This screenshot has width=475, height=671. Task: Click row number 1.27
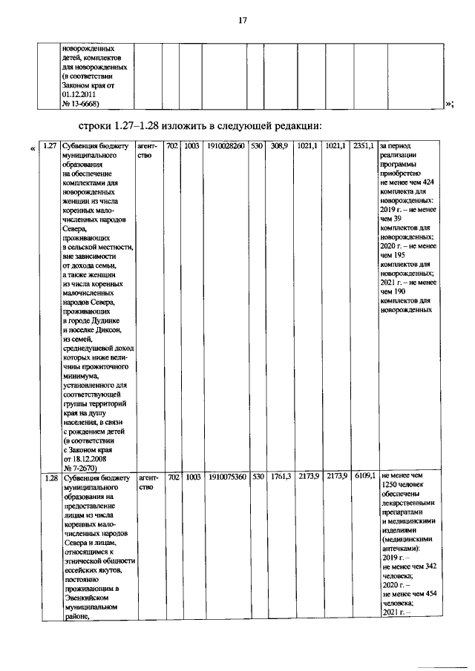pos(50,146)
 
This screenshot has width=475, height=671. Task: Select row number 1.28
pos(50,477)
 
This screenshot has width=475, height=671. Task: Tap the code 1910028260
pos(226,146)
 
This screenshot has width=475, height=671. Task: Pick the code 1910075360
pos(226,477)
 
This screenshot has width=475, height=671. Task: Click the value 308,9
pos(279,146)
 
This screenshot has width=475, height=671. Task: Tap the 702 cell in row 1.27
pos(172,146)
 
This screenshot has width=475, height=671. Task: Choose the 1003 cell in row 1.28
pos(191,477)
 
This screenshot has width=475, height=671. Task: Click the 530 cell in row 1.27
pos(256,146)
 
